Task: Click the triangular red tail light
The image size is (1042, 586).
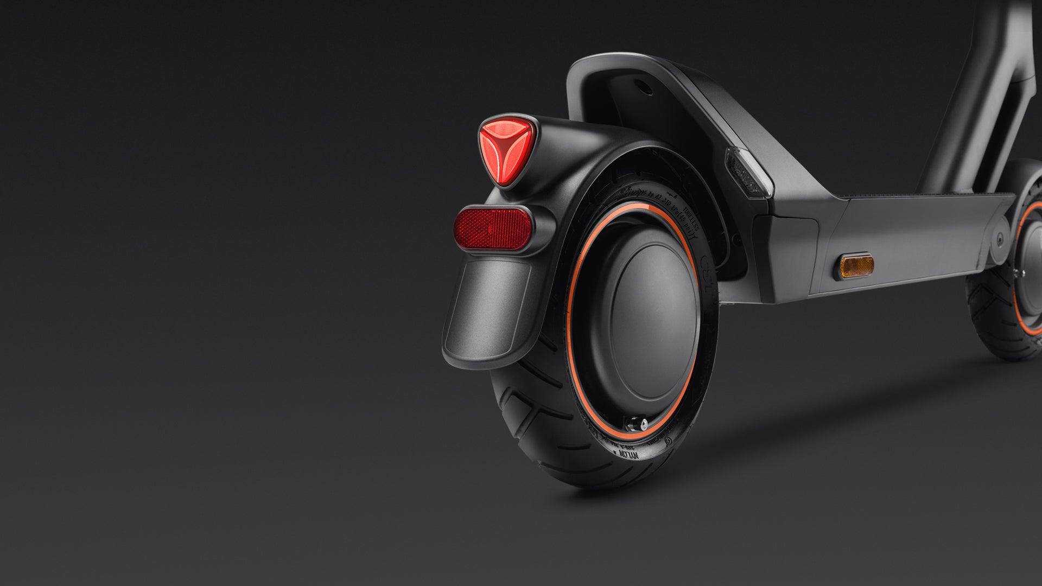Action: pyautogui.click(x=507, y=148)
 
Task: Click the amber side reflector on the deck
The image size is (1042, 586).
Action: pyautogui.click(x=857, y=266)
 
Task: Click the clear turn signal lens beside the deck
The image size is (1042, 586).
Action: pyautogui.click(x=749, y=173)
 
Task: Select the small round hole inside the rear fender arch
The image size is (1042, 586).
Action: pyautogui.click(x=644, y=87)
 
